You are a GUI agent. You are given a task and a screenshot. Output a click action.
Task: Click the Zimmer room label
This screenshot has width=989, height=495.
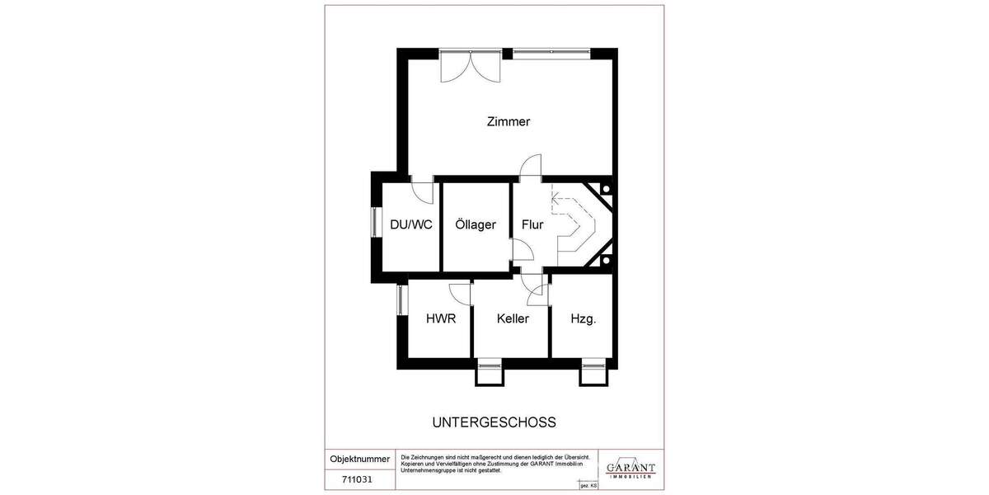pyautogui.click(x=509, y=122)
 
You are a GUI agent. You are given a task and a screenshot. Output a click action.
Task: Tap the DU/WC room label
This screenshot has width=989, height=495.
pyautogui.click(x=410, y=224)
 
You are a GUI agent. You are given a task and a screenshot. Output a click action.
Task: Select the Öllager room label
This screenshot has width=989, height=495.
pyautogui.click(x=476, y=224)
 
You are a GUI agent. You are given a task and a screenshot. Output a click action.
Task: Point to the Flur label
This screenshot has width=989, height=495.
pyautogui.click(x=532, y=224)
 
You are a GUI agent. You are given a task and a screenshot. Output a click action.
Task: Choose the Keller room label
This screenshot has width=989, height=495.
pyautogui.click(x=513, y=318)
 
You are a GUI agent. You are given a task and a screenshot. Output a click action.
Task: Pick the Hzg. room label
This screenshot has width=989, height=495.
pyautogui.click(x=584, y=318)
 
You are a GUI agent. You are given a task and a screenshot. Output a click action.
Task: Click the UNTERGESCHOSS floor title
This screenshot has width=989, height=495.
pyautogui.click(x=494, y=422)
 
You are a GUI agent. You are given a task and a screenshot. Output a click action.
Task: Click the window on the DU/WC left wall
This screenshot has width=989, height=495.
pyautogui.click(x=374, y=224)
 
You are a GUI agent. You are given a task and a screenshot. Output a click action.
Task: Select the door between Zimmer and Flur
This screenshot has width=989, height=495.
pyautogui.click(x=531, y=167)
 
